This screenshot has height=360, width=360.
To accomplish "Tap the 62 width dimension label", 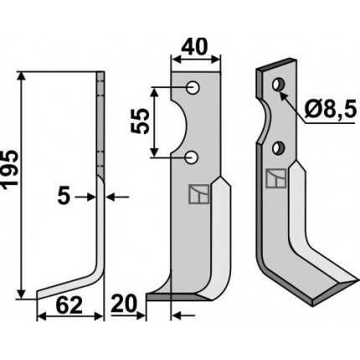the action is click(69, 306).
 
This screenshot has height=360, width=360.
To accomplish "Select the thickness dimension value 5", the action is click(64, 197).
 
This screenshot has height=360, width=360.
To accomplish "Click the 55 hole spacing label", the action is click(140, 121).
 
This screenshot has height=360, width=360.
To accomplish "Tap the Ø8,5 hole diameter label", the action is click(331, 110).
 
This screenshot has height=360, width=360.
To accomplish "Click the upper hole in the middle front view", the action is click(193, 88).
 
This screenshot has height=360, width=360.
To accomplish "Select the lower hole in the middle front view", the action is click(192, 157).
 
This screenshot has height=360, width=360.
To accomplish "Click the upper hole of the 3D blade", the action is click(279, 84).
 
